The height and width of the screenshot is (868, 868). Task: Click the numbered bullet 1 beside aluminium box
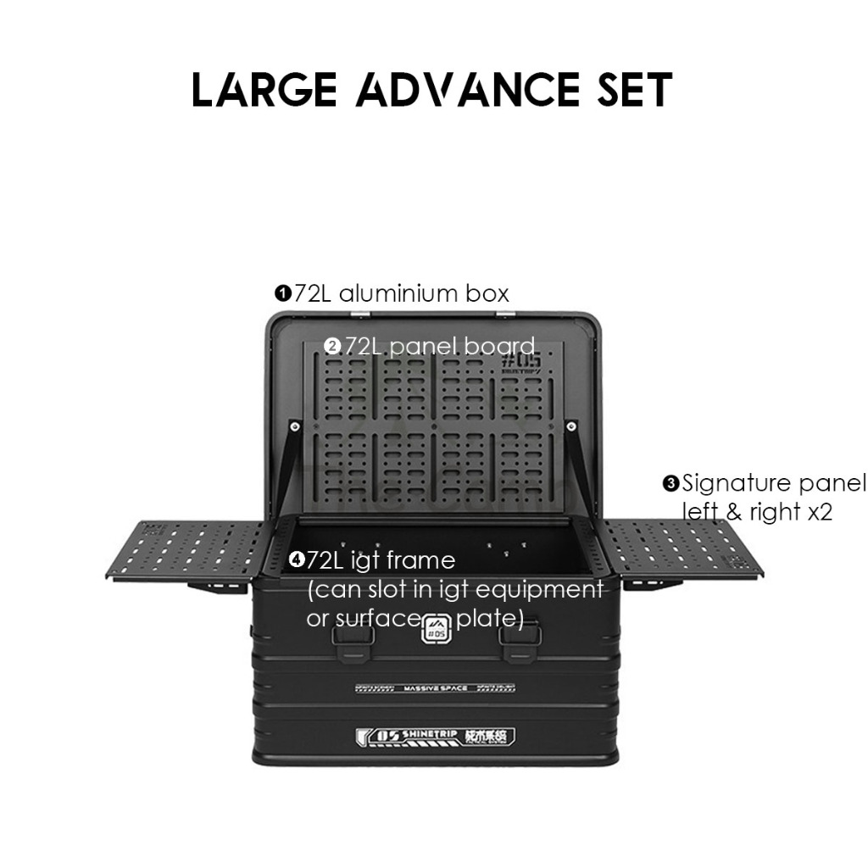(282, 294)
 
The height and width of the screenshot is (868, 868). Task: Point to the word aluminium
(389, 293)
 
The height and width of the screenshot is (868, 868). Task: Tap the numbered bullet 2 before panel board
(332, 346)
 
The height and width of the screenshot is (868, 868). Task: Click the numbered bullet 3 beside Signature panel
(670, 484)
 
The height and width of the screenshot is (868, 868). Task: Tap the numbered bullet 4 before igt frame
(296, 559)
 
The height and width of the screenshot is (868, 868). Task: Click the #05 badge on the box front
(435, 627)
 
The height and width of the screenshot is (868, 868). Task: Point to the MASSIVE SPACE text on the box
(436, 687)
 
